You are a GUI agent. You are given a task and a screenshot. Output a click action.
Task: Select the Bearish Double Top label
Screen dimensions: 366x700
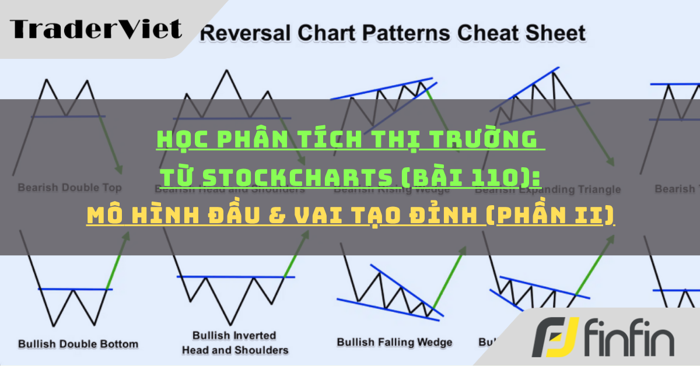point(69,188)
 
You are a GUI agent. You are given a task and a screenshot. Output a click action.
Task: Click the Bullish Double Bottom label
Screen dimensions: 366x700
point(78,343)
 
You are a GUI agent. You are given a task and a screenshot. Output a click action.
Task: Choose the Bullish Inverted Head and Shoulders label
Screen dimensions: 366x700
point(235,343)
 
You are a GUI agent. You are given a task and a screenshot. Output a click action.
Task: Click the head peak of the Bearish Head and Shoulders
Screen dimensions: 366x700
point(224,71)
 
